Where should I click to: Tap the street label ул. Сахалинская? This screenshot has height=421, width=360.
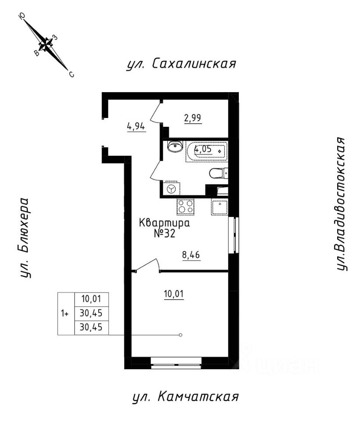point(181,64)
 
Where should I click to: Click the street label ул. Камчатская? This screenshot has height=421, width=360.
point(185,397)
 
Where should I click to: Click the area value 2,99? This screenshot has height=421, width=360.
point(193,118)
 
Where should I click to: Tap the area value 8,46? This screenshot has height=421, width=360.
point(191,254)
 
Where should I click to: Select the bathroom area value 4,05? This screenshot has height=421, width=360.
point(203,149)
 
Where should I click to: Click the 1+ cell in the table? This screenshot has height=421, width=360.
point(65,314)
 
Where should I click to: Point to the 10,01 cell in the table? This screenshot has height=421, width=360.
point(91,300)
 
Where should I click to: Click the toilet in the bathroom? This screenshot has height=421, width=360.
point(218,174)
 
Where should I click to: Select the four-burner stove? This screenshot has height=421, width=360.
point(185,206)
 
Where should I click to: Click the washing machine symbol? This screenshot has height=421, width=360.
point(172,189)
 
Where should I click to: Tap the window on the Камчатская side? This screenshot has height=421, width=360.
point(176,362)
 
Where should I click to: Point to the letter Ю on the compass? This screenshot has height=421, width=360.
point(22,16)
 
